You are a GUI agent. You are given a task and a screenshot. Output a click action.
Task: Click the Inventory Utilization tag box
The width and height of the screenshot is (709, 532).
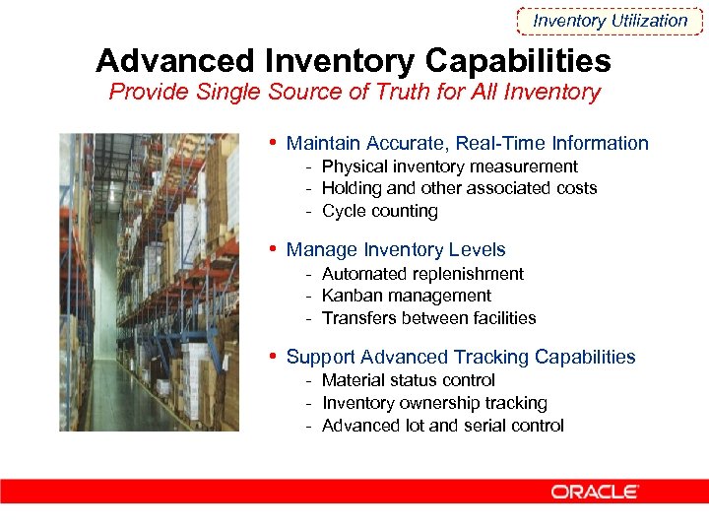(610, 21)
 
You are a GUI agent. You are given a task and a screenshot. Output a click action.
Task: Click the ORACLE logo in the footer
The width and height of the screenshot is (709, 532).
(595, 492)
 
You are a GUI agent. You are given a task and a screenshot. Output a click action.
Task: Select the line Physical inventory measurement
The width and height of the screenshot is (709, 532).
(449, 166)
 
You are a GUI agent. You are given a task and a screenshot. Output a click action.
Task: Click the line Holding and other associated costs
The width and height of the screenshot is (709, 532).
(459, 188)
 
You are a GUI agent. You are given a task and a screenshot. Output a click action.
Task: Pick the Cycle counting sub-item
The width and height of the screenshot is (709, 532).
(379, 211)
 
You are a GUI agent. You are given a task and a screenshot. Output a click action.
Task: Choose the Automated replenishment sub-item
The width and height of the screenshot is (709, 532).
(422, 274)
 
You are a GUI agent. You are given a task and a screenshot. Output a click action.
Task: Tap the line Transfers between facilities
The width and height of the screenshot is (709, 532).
(428, 318)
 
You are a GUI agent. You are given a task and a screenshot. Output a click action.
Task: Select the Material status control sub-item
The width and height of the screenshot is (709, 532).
(408, 380)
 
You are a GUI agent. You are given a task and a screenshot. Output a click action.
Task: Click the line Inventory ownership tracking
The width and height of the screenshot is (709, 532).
(434, 403)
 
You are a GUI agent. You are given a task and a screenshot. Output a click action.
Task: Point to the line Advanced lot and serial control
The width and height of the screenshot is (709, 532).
(442, 426)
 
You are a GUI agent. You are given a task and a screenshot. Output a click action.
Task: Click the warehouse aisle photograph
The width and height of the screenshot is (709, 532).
(148, 282)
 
